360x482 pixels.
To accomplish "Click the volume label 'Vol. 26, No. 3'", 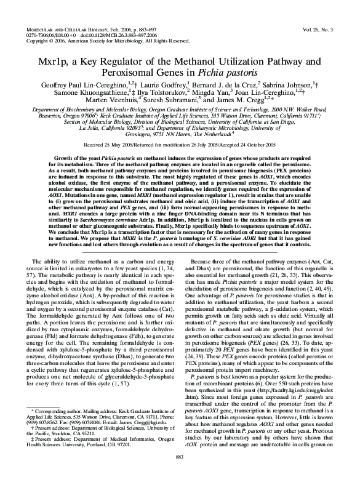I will click(x=330, y=28).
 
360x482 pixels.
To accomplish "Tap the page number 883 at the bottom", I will click(x=180, y=473).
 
